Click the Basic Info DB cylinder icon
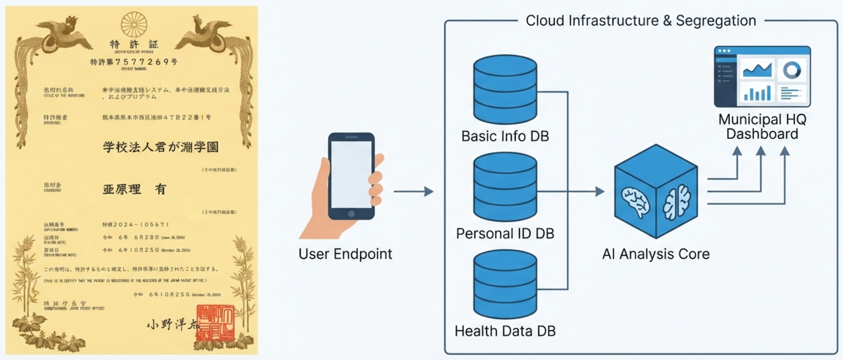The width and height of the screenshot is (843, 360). pos(505,92)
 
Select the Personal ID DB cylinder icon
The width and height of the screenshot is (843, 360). pos(505,189)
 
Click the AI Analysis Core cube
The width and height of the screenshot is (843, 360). pos(656,192)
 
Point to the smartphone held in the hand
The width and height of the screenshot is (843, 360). pos(351,176)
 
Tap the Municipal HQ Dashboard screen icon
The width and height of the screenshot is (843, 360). pos(762,76)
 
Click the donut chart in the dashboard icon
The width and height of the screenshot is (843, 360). pos(792,70)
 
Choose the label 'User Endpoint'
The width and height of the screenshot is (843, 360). pos(345,254)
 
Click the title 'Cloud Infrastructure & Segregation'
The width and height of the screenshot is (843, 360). pos(640,20)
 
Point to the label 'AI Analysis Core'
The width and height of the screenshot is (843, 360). pos(656,254)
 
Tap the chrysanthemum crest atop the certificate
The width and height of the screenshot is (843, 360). pos(134,24)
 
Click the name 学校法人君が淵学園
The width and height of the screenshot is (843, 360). pos(160,147)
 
